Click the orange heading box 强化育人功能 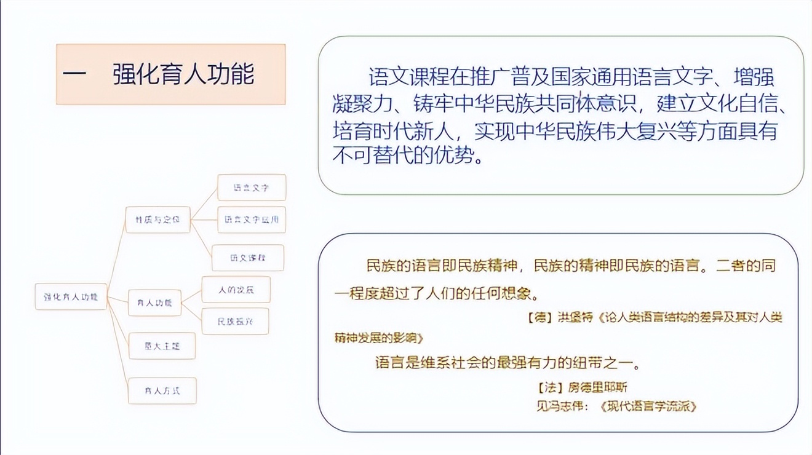171,74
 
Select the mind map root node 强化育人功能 71,296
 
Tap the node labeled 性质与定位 157,220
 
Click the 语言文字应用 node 252,220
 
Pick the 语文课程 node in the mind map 248,258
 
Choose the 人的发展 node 236,290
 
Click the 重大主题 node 162,346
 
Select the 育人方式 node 162,390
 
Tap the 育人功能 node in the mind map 154,303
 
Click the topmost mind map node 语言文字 252,188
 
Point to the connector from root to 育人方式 118,344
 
